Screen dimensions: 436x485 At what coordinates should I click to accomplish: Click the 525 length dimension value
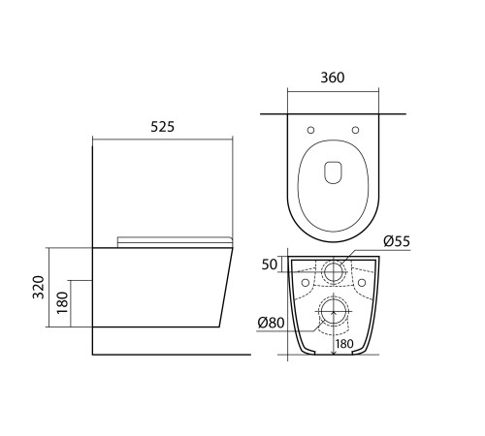163,126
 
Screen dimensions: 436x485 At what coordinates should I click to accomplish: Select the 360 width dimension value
332,78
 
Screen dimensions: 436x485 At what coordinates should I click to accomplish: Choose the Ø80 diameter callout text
271,322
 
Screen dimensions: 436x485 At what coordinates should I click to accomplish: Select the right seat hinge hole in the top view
356,130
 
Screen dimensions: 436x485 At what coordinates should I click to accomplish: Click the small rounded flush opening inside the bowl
332,171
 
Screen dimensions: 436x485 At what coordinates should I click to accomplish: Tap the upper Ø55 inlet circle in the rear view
333,271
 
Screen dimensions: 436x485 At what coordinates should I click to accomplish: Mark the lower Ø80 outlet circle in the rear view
333,312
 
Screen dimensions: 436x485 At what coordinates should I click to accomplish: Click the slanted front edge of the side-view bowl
227,291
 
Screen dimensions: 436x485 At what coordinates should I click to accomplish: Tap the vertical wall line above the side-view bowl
93,194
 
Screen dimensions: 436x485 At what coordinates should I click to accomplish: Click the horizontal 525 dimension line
163,140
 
